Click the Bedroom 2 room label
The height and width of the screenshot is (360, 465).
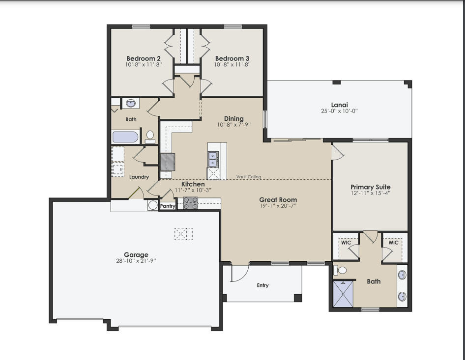point(143,58)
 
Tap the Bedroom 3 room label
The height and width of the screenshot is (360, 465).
point(232,58)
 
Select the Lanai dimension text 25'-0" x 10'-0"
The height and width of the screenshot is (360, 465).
point(339,111)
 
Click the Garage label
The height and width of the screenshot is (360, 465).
point(136,254)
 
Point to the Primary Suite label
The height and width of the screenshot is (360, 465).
point(370,187)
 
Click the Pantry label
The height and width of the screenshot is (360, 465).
point(168,206)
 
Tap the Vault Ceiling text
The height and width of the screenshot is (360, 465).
point(249,177)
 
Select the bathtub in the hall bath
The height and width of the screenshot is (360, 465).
point(125,137)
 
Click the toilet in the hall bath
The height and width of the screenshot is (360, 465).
point(150,136)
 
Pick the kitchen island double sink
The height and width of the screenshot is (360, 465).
point(213,159)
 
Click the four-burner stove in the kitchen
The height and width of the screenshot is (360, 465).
point(191,203)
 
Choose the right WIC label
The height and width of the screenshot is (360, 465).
point(393,243)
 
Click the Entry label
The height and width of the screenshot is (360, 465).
point(263,285)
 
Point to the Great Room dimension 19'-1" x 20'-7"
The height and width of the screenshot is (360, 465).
point(278,206)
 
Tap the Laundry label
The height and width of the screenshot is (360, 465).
point(139,177)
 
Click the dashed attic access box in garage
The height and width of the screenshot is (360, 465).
point(183,234)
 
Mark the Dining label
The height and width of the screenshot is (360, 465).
point(233,118)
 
